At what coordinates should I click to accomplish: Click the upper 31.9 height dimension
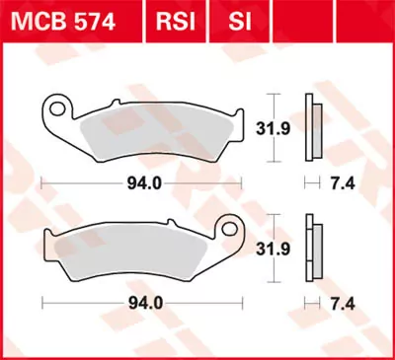tap(286, 126)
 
